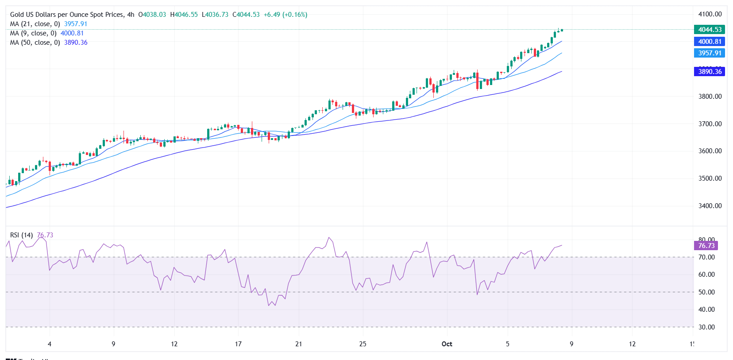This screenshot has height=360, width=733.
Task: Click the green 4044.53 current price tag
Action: tap(710, 30)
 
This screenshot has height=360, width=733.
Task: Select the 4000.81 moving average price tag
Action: tap(710, 42)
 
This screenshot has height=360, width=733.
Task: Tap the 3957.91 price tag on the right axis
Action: tap(710, 53)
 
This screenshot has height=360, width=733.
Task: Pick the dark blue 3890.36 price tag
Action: tap(710, 72)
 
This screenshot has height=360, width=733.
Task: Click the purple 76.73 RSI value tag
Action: tap(706, 246)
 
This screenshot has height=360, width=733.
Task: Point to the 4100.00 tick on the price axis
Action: tap(710, 14)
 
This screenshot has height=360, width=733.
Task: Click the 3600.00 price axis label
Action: tap(710, 151)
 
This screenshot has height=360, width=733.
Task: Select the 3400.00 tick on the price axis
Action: tap(710, 206)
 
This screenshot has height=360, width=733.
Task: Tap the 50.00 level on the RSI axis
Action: tap(706, 292)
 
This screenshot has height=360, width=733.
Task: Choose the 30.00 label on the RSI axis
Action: tap(706, 327)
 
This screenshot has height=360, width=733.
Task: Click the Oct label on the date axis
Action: tap(447, 344)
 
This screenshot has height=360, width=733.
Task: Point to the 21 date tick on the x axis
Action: tap(299, 344)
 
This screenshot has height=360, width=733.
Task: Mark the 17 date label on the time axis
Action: tap(238, 344)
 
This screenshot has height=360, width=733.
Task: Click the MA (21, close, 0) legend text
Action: tap(35, 24)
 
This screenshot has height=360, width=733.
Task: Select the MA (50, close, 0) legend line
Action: tap(35, 43)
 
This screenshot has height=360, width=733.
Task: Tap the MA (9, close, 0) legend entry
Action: tap(33, 33)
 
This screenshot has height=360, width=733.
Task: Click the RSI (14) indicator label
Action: tap(21, 235)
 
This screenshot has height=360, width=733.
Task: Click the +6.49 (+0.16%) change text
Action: tap(285, 15)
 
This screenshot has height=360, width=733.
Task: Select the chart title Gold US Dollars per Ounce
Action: tap(66, 15)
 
